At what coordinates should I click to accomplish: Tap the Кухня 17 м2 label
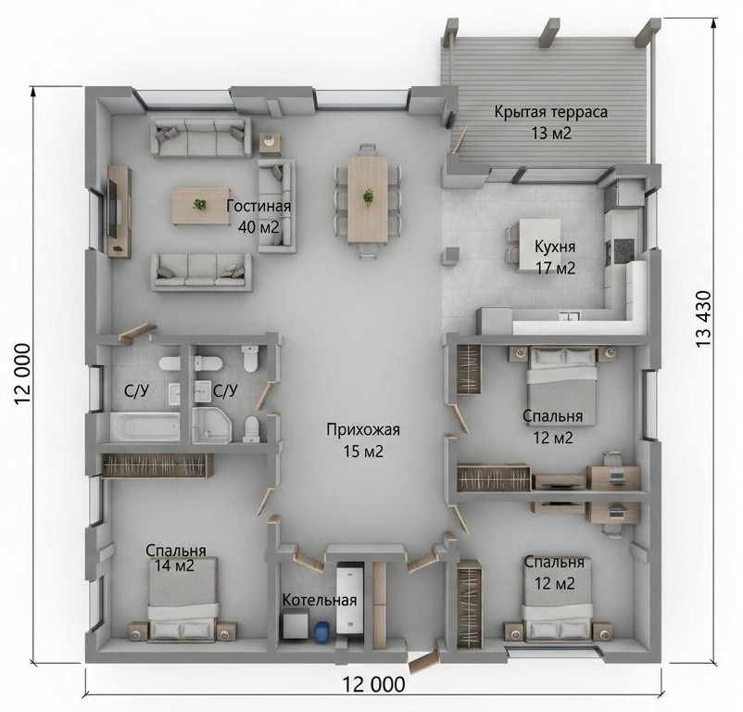tap(555, 258)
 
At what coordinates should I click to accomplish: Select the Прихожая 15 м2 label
tap(363, 440)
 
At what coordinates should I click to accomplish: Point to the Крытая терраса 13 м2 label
tap(551, 122)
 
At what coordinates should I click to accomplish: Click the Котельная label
tap(320, 600)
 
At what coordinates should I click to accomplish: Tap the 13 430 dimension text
tap(703, 319)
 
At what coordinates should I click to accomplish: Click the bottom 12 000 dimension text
tap(373, 684)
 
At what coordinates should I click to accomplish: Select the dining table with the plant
tap(367, 199)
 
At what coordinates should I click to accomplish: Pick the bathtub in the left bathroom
tap(145, 427)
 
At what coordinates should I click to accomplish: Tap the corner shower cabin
tap(212, 426)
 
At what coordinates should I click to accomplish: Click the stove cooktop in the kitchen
tap(623, 250)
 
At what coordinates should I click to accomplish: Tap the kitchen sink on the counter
tap(568, 317)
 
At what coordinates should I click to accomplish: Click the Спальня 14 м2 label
tap(175, 558)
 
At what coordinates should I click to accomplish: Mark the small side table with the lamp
tap(270, 142)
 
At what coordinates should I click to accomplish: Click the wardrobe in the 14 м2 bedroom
tap(157, 465)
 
